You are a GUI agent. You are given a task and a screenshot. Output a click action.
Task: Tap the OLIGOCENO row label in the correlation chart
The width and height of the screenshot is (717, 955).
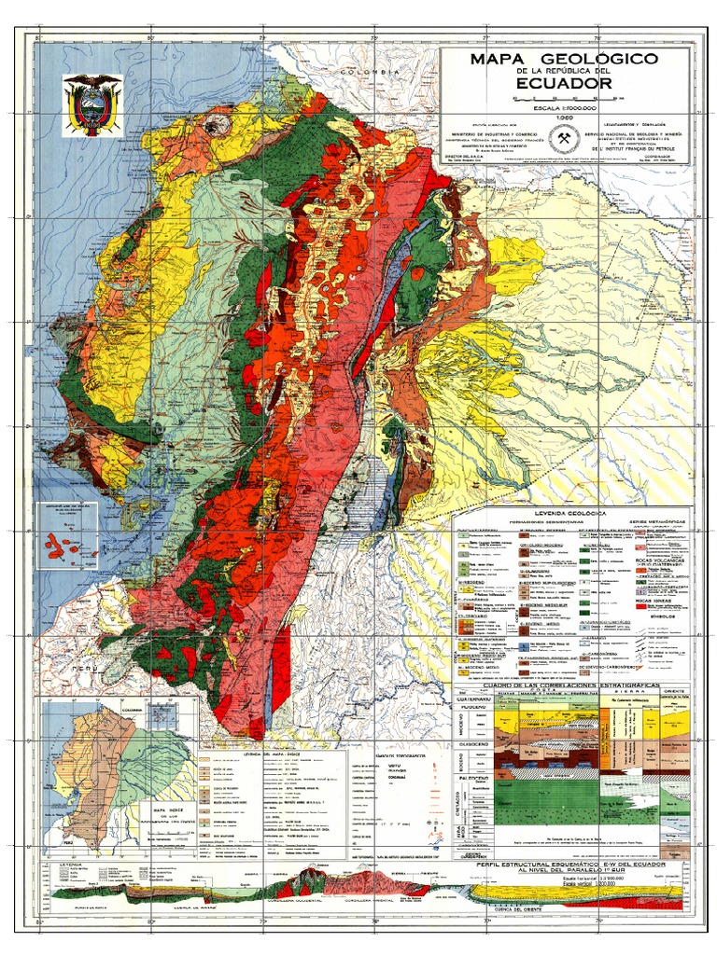[464, 756]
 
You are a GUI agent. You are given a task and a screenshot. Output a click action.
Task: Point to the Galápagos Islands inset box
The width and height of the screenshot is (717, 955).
[65, 535]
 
